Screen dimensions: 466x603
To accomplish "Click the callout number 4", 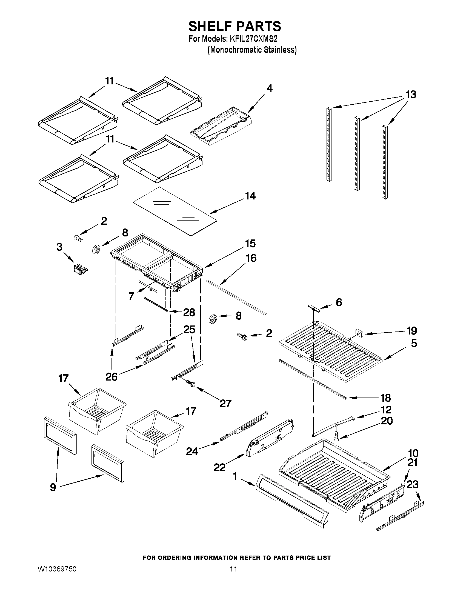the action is (x=270, y=88).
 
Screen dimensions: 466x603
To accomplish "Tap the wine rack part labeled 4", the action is (x=221, y=126).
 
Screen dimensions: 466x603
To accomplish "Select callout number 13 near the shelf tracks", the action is (x=410, y=95).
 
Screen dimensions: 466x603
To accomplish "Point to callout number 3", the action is (x=59, y=247).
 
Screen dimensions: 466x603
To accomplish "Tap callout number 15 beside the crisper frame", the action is (x=250, y=244).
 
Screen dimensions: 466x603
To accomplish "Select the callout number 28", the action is (x=189, y=313).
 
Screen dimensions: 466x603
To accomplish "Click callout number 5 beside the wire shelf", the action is (x=414, y=343).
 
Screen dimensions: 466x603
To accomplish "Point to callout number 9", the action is (x=53, y=487).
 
